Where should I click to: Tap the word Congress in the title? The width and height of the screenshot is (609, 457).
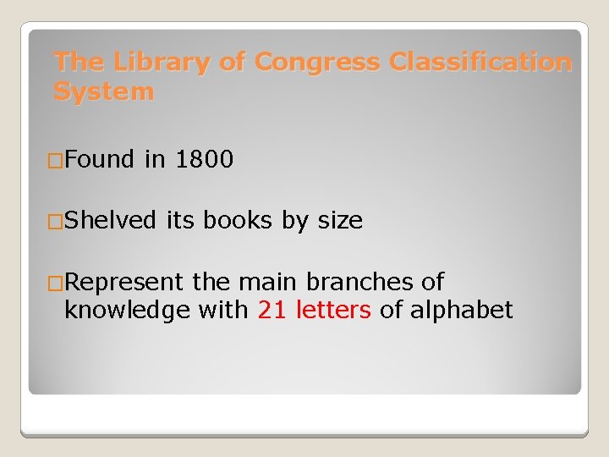point(318,63)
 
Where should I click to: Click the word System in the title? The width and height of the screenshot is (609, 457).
point(103,91)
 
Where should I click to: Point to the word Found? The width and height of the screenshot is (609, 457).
point(99,159)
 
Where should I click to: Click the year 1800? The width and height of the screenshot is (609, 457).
point(204,159)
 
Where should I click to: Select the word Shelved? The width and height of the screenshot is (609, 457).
point(110,221)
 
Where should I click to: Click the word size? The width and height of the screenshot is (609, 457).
point(340,222)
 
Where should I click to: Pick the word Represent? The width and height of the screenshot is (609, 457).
point(125,282)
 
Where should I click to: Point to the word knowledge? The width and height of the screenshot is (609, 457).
point(127,311)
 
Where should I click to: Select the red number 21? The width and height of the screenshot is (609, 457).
point(272,311)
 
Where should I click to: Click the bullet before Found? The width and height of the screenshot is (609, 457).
point(56,160)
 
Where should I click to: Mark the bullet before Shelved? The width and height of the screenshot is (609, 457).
point(56,222)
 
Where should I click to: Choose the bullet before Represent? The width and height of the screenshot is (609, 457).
point(56,283)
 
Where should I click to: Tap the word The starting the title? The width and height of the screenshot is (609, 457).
point(80,63)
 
